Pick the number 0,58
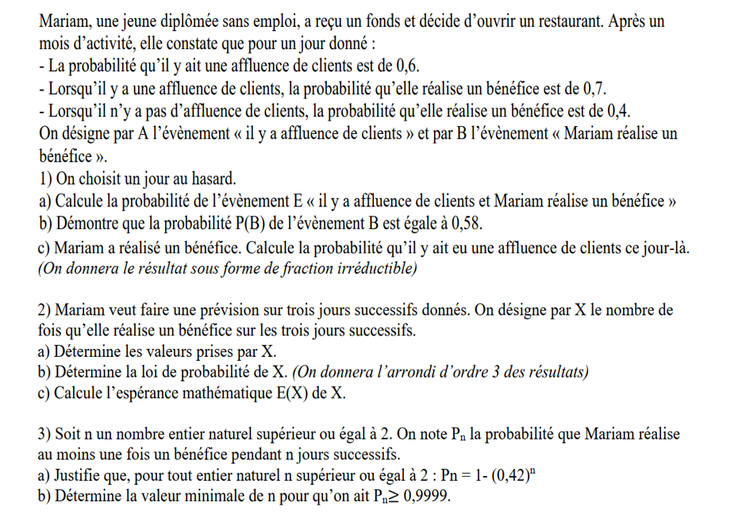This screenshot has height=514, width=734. (x=464, y=222)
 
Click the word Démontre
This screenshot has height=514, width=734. (x=84, y=222)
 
